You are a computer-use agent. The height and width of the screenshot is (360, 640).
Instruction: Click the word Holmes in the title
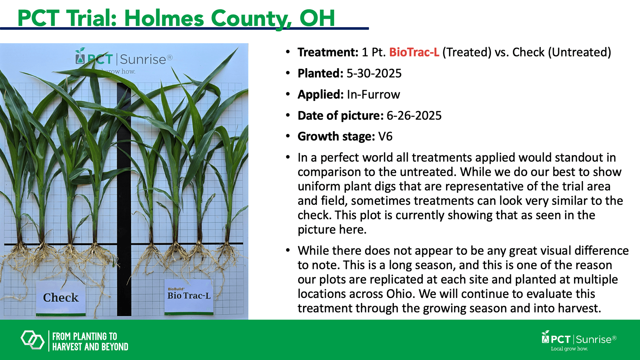tap(164, 18)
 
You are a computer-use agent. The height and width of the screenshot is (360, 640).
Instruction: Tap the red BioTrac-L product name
tap(414, 52)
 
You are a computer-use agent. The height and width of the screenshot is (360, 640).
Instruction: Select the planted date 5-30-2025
tap(374, 73)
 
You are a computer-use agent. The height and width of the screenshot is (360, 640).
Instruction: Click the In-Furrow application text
tap(373, 95)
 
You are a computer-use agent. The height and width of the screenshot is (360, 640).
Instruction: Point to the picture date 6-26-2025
tap(414, 116)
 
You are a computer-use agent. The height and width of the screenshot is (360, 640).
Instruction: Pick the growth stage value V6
tap(386, 137)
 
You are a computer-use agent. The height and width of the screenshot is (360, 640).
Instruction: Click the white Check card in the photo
tap(61, 298)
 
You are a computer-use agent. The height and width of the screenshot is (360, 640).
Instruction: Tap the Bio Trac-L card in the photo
tap(189, 297)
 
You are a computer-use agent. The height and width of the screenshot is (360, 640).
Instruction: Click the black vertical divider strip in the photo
tap(124, 200)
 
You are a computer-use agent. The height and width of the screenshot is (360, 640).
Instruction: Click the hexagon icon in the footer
tap(33, 340)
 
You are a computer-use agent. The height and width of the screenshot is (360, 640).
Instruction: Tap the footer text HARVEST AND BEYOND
tap(90, 347)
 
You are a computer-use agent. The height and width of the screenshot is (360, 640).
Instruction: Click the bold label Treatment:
tap(328, 52)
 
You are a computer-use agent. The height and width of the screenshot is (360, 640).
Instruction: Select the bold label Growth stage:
tap(336, 137)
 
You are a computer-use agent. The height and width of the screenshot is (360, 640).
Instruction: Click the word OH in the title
tap(317, 18)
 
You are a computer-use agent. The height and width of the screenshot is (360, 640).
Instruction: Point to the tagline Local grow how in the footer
tap(570, 349)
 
